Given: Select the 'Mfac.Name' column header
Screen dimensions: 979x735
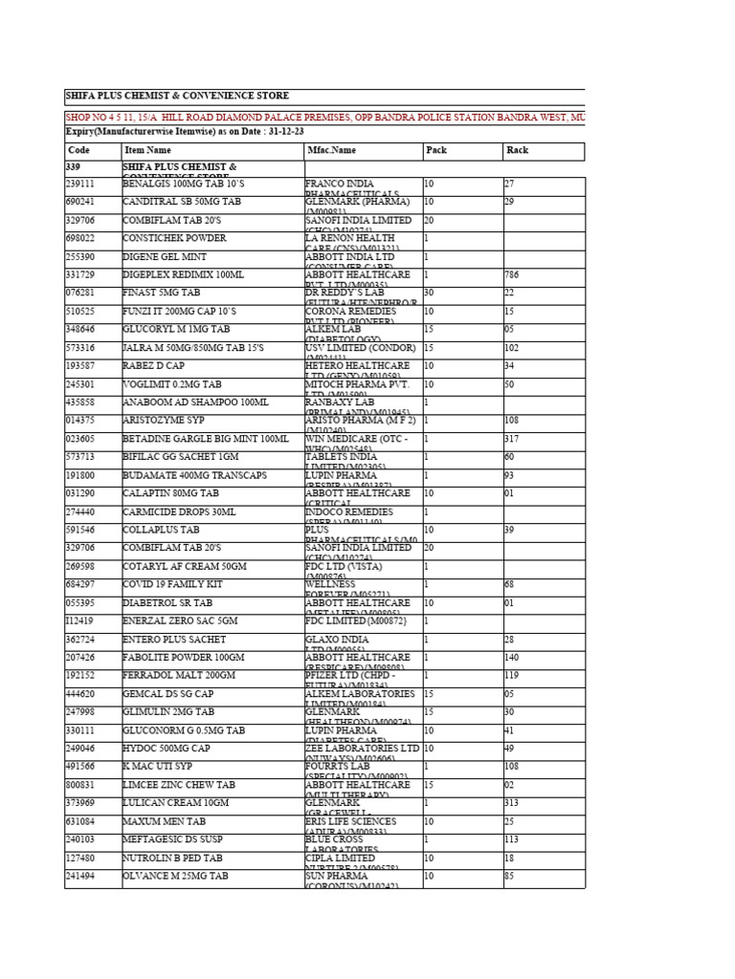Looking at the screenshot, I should coord(330,150).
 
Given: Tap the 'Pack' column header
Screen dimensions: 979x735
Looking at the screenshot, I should coord(436,150).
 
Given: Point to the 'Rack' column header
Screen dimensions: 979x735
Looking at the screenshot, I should coord(517,150).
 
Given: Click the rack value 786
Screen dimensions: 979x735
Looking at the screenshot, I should coord(512,275).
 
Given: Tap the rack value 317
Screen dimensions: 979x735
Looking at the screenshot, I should coord(512,439).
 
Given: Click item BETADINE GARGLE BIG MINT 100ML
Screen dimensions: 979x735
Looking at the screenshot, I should coord(205,439).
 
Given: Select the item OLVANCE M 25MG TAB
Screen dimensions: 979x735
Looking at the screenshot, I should coord(175,876).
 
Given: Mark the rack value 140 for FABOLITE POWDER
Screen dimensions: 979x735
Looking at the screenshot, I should coord(512,658).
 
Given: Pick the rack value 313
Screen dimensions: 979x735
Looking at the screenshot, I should coord(512,803).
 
